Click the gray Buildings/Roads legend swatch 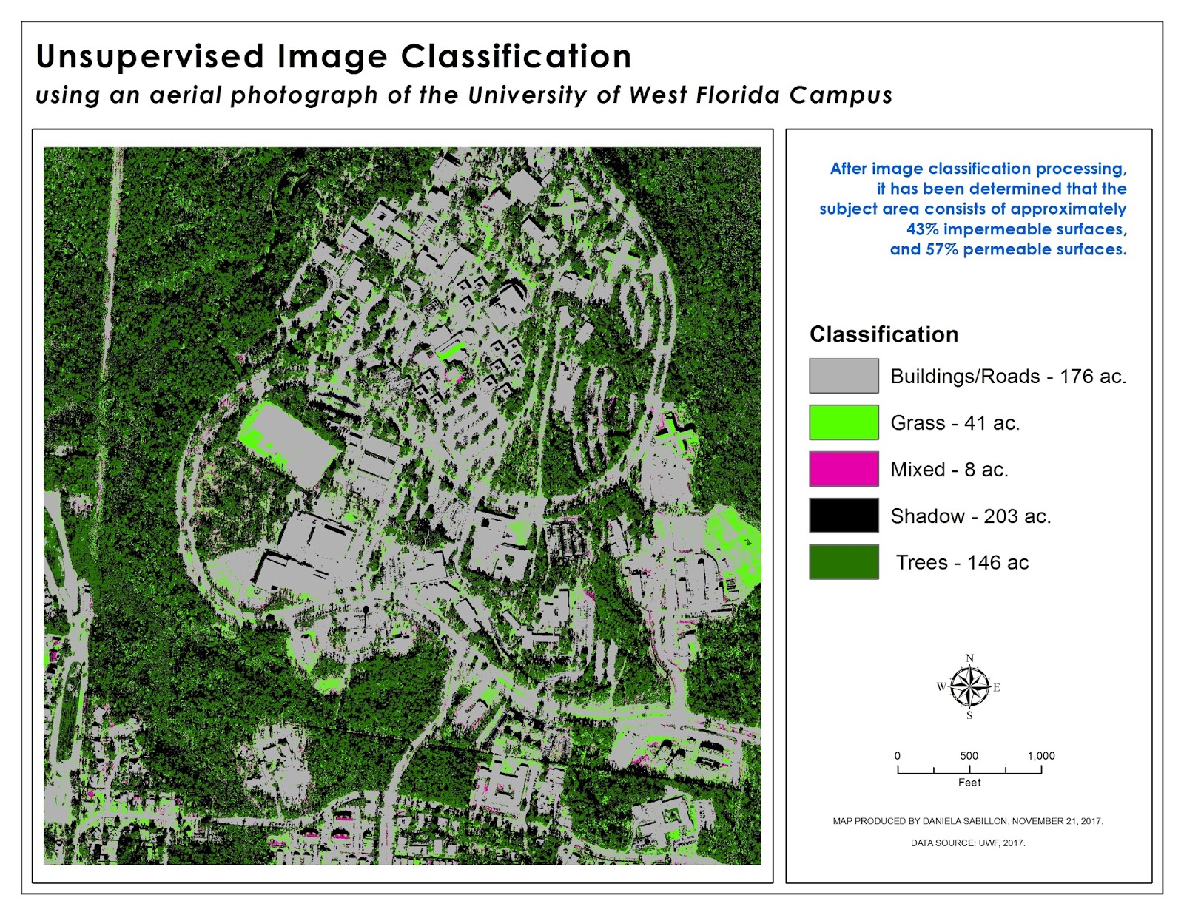click(x=844, y=376)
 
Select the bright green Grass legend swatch click(x=844, y=422)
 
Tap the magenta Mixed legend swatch click(x=844, y=469)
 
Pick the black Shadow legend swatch click(x=844, y=516)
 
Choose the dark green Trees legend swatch click(x=844, y=562)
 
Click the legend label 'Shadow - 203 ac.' click(x=970, y=516)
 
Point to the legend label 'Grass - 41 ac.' click(x=955, y=423)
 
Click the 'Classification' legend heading click(x=884, y=334)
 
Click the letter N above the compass click(x=969, y=658)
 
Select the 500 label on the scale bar click(x=969, y=756)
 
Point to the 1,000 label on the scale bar click(x=1040, y=756)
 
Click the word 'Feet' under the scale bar click(x=969, y=783)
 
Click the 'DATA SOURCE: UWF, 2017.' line click(x=968, y=843)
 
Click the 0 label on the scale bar click(x=898, y=756)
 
